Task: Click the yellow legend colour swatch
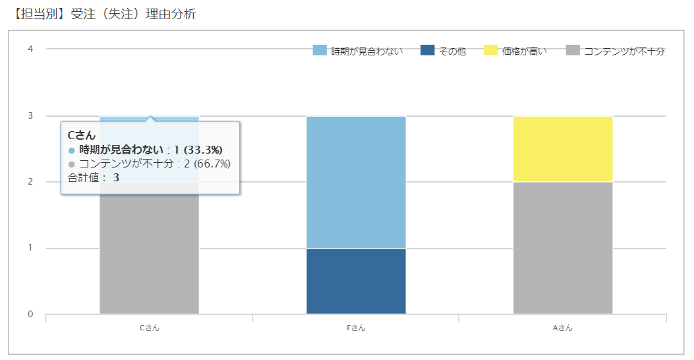(x=491, y=50)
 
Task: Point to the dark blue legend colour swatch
(x=428, y=50)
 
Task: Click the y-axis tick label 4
(x=30, y=49)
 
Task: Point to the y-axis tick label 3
(x=30, y=115)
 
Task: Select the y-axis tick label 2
(x=30, y=182)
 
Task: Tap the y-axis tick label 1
(x=30, y=248)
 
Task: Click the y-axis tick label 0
(x=30, y=314)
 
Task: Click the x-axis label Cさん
(x=149, y=328)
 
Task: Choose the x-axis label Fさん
(x=356, y=328)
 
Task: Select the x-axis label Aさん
(x=563, y=328)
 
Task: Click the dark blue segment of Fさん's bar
(x=356, y=281)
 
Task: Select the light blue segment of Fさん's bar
(x=356, y=182)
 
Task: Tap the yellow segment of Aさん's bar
(x=563, y=149)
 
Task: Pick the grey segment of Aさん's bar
(x=563, y=248)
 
